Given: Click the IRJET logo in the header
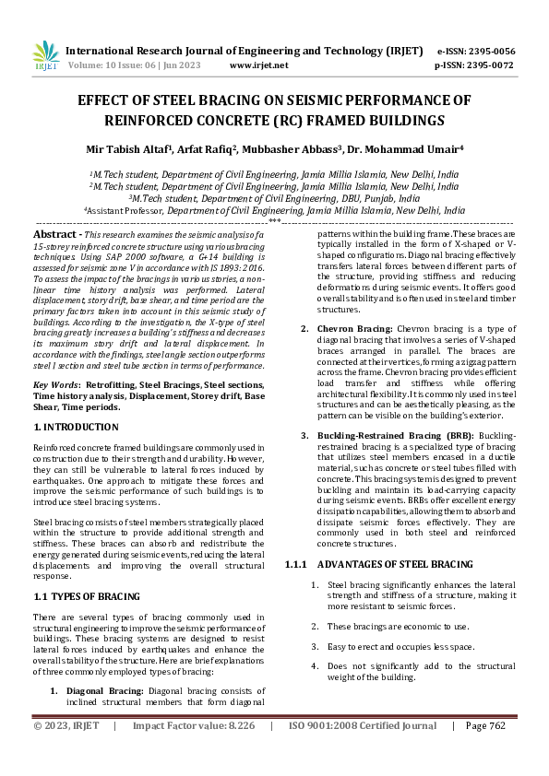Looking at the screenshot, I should point(45,56).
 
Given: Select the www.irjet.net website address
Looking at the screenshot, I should point(258,65).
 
